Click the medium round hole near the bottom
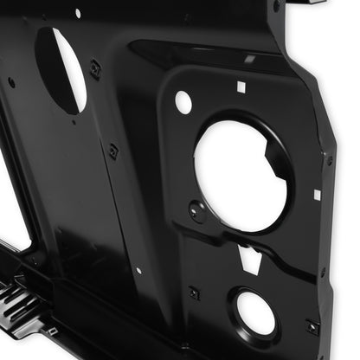coord(254,312)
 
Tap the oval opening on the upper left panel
coord(62,69)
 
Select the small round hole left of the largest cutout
coord(183,102)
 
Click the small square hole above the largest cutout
coord(241,87)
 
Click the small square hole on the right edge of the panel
coord(317,195)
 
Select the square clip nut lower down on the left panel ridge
coord(112,151)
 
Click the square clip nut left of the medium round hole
coord(194,292)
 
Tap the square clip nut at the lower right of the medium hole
coord(312,327)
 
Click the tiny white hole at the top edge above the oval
coord(77,13)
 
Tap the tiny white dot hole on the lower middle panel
coord(138,271)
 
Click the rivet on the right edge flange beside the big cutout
coord(329,160)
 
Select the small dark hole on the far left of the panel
coord(11,82)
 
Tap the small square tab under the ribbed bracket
coord(52,331)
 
